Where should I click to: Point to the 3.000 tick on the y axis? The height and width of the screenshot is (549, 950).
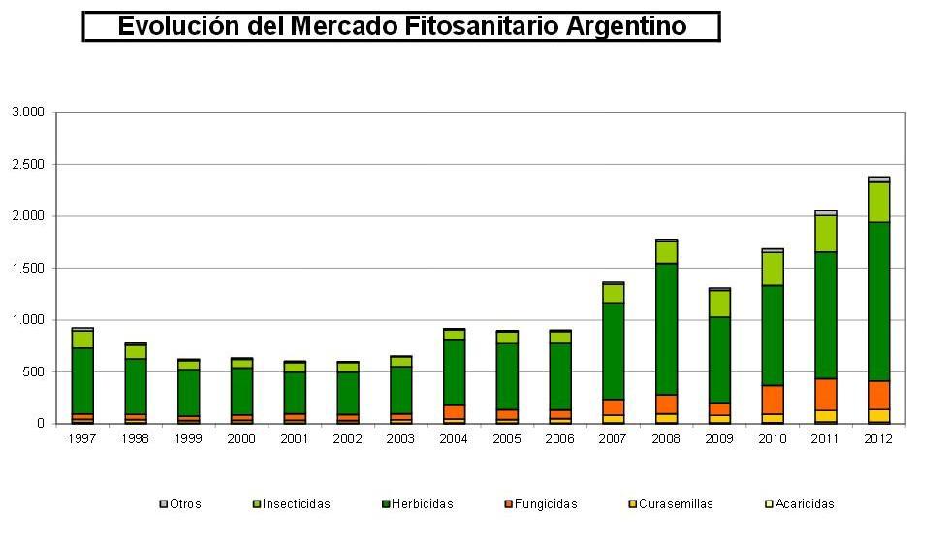[28, 113]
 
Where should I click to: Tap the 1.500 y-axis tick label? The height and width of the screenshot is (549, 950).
[28, 268]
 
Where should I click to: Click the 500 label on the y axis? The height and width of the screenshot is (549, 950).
[34, 371]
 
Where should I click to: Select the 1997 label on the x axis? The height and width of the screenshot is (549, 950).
[82, 439]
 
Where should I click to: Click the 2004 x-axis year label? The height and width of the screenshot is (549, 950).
[452, 439]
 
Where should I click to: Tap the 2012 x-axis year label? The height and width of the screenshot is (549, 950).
[878, 439]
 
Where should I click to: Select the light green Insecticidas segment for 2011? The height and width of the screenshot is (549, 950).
[825, 234]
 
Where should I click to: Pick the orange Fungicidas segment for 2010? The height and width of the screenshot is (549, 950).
[773, 400]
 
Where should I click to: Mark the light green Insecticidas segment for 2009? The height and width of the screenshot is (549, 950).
[719, 304]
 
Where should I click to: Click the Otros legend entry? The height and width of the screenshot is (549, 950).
[181, 504]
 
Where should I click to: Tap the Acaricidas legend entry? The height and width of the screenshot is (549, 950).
[804, 504]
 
